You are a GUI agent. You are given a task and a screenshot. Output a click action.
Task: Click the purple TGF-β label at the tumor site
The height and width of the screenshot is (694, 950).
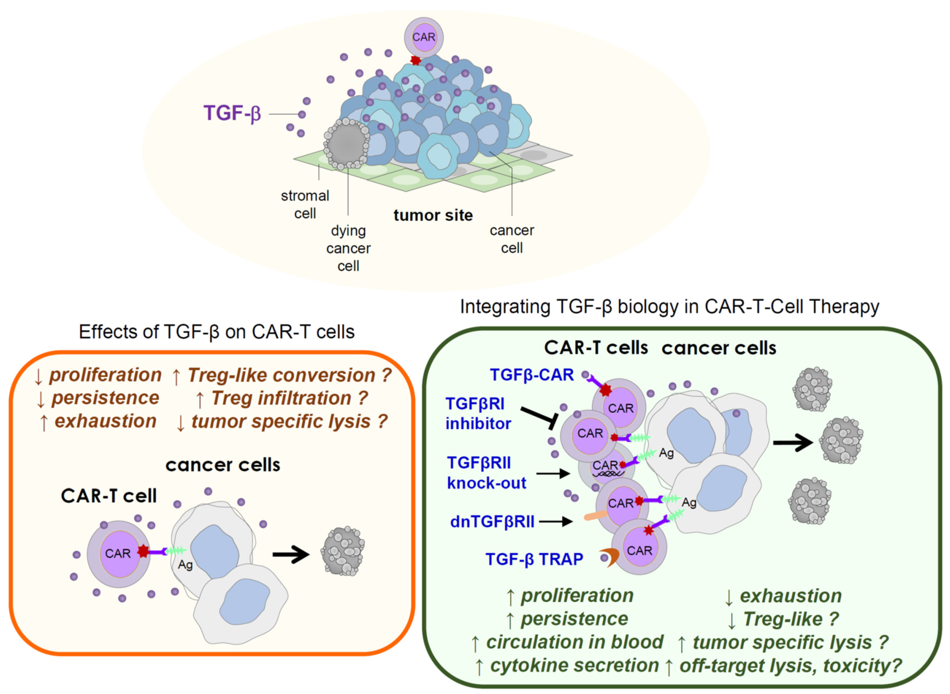232,113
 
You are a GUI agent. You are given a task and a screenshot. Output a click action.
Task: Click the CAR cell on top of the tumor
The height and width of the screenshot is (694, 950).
424,37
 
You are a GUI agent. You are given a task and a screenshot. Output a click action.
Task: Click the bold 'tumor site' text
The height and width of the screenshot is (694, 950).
433,215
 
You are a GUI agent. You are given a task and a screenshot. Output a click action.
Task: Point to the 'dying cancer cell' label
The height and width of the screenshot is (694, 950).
348,248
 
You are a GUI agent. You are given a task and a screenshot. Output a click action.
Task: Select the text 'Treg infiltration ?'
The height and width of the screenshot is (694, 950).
289,398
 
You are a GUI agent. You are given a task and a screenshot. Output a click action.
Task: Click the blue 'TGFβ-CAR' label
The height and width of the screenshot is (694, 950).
532,375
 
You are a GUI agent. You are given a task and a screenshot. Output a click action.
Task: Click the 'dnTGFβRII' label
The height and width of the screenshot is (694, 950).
492,522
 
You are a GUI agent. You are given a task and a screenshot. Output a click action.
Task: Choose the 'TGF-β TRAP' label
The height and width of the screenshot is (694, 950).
534,559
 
